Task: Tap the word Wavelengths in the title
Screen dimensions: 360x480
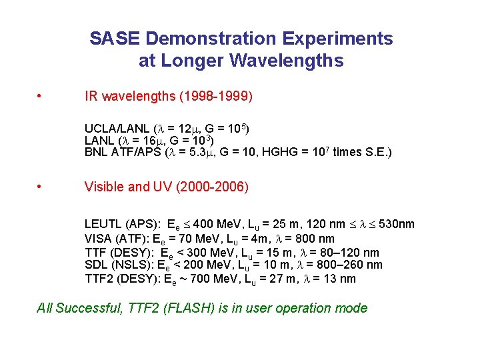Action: [x=287, y=61]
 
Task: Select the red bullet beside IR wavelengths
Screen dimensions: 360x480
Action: [x=42, y=96]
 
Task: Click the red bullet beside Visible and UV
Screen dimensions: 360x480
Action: [x=42, y=187]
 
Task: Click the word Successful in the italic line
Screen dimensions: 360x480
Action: [x=86, y=308]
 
